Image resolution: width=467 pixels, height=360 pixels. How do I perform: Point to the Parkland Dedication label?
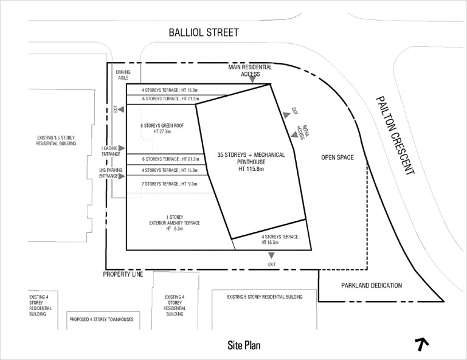click(371, 285)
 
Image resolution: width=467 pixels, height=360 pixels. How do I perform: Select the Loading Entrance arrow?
click(122, 148)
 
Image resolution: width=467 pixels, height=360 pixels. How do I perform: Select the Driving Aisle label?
click(123, 75)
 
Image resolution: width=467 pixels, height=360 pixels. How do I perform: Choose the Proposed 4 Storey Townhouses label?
click(101, 320)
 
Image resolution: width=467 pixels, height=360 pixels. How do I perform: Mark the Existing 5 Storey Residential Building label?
click(264, 297)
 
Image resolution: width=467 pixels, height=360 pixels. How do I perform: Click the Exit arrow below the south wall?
click(271, 255)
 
